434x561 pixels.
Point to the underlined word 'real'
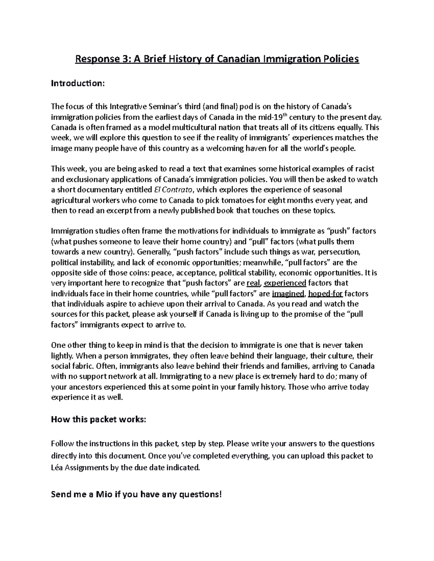coord(253,283)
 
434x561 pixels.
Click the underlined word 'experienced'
coord(285,283)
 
